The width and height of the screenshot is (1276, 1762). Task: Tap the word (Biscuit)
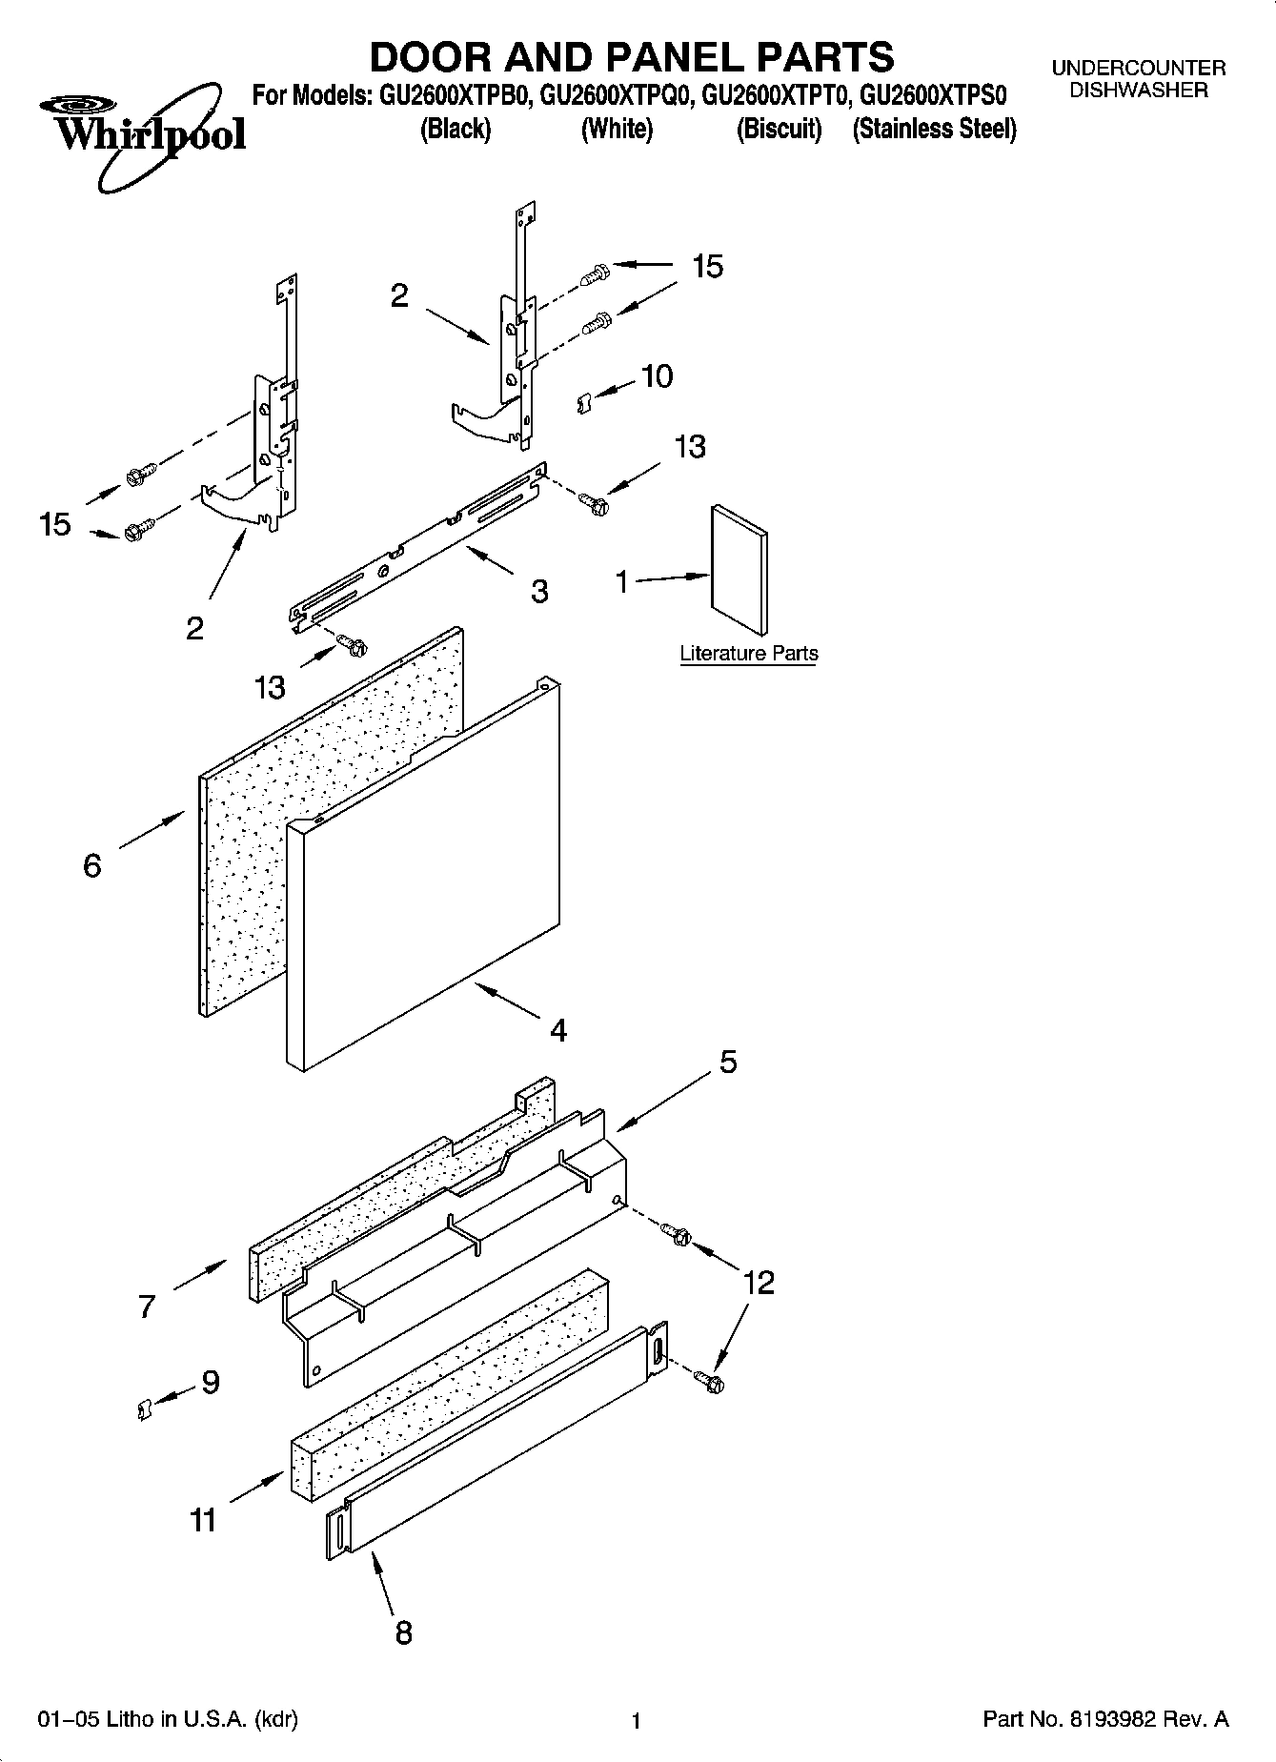pyautogui.click(x=778, y=130)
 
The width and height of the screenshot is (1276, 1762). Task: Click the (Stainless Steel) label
pyautogui.click(x=934, y=130)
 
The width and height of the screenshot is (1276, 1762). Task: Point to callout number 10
pyautogui.click(x=657, y=376)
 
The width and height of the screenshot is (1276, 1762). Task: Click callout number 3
pyautogui.click(x=539, y=592)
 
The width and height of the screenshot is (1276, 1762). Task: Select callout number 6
pyautogui.click(x=92, y=865)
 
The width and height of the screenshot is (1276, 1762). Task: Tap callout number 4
pyautogui.click(x=558, y=1030)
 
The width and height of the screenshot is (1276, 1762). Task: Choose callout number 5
pyautogui.click(x=728, y=1062)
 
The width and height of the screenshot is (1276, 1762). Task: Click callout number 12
pyautogui.click(x=759, y=1283)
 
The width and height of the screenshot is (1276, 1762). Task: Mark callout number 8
pyautogui.click(x=403, y=1632)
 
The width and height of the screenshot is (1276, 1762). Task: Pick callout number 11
pyautogui.click(x=203, y=1521)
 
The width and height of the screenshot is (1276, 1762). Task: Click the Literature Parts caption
pyautogui.click(x=748, y=654)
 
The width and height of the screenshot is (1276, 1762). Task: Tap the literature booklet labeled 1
pyautogui.click(x=739, y=570)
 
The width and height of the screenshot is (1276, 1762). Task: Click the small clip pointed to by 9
pyautogui.click(x=143, y=1408)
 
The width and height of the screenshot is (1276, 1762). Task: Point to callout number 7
pyautogui.click(x=146, y=1306)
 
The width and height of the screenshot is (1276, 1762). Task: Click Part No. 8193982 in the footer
pyautogui.click(x=1105, y=1720)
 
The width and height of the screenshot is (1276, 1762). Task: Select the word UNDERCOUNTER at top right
pyautogui.click(x=1138, y=69)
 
